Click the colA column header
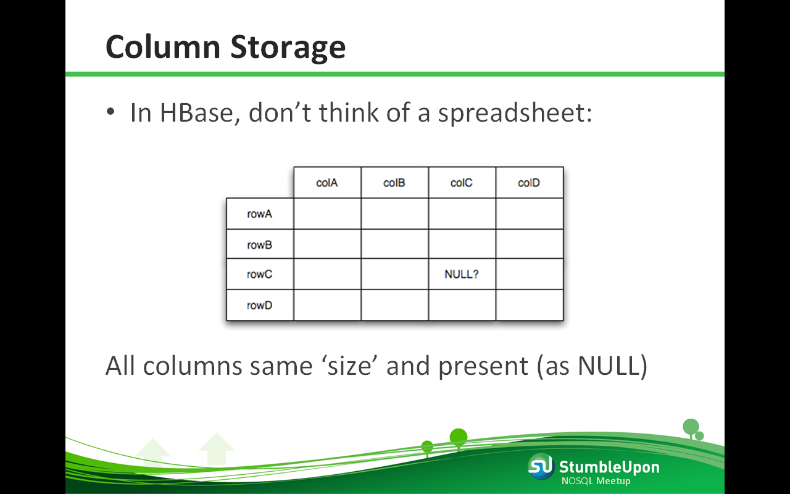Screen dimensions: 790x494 327,182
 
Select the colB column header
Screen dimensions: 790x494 394,182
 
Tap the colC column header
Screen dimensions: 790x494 462,182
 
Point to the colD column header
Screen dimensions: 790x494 530,182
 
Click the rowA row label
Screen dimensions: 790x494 260,214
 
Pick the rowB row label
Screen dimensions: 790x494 260,244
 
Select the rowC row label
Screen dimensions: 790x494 260,274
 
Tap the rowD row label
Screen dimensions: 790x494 260,305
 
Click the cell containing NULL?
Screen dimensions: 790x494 462,274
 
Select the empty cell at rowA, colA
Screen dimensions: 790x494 327,214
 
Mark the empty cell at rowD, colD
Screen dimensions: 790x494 530,305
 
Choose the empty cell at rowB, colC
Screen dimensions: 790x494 462,244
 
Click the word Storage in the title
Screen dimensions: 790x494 288,48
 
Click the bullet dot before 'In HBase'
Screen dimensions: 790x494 110,112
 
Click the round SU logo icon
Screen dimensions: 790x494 541,467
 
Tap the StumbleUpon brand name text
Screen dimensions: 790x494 609,467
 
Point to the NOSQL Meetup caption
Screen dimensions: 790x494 596,481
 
